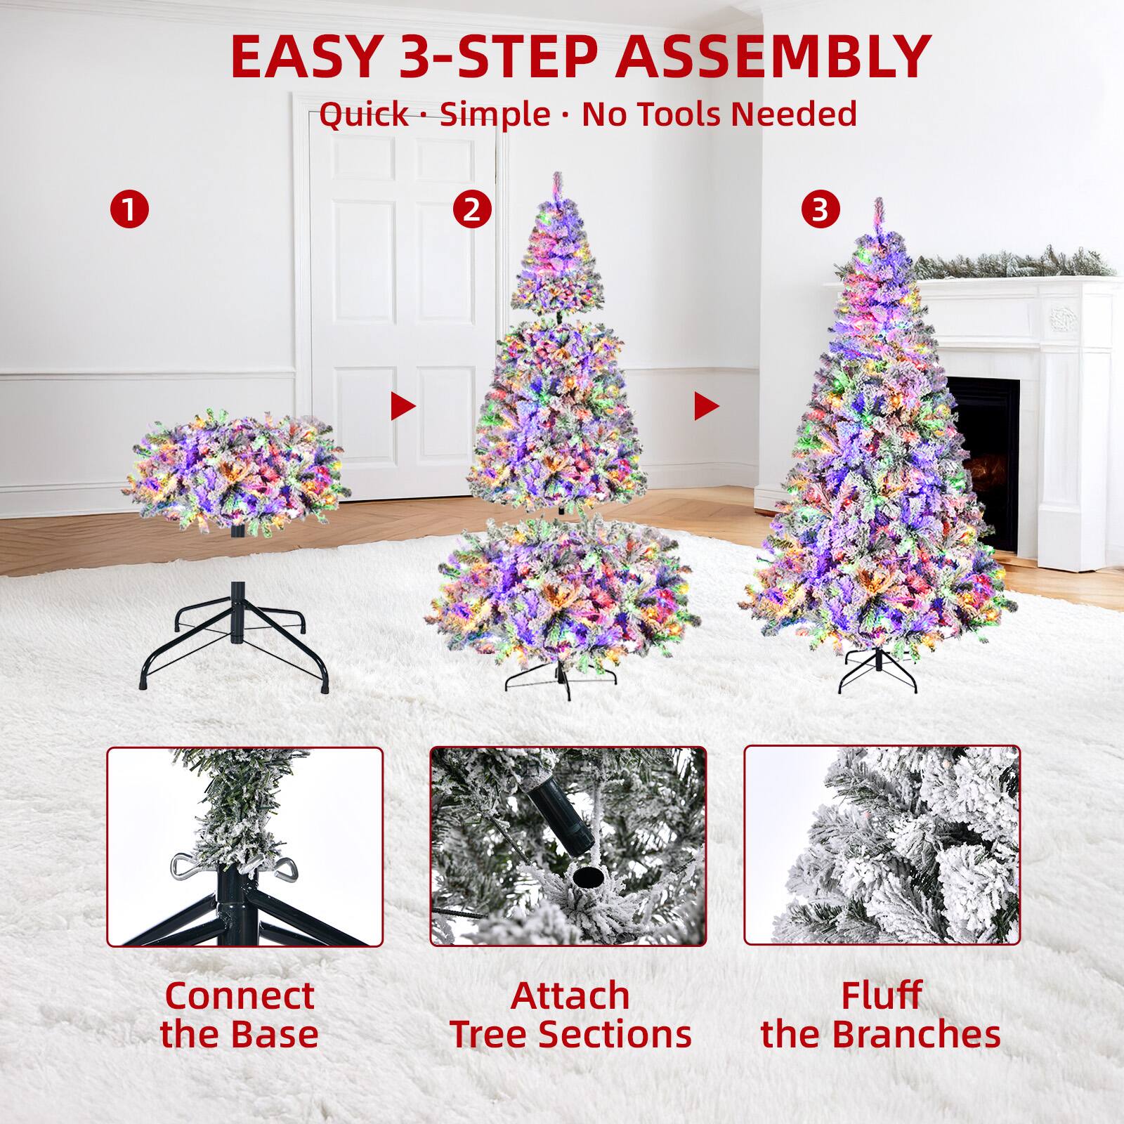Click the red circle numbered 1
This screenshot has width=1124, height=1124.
tap(130, 209)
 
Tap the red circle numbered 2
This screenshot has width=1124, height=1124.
tap(472, 209)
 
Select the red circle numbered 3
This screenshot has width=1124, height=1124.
tap(821, 209)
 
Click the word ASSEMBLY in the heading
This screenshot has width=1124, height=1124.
tap(773, 56)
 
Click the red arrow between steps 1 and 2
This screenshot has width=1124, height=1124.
tap(403, 405)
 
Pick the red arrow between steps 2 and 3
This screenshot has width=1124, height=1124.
tap(706, 405)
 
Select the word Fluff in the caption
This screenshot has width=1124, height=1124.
tap(881, 995)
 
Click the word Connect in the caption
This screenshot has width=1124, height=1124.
tap(240, 995)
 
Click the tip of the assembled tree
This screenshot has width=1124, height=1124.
tap(877, 206)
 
